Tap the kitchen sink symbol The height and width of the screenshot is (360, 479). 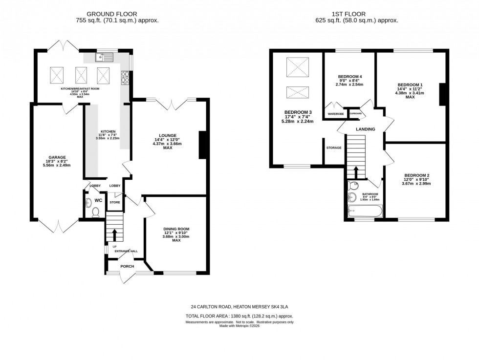[105, 57]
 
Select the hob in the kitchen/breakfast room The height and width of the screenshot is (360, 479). [125, 76]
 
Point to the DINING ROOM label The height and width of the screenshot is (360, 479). [176, 229]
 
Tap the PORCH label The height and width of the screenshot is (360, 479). [128, 266]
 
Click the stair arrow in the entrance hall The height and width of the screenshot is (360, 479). [115, 234]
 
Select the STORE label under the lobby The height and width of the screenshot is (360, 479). [115, 202]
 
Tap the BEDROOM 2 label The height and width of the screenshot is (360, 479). [416, 175]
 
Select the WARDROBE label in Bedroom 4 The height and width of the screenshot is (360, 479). [336, 114]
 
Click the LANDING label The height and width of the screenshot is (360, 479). [365, 129]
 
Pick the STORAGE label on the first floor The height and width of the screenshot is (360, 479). [334, 148]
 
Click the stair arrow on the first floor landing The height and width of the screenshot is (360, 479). [356, 171]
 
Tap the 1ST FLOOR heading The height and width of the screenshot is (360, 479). [357, 14]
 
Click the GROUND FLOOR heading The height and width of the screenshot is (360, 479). [111, 14]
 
